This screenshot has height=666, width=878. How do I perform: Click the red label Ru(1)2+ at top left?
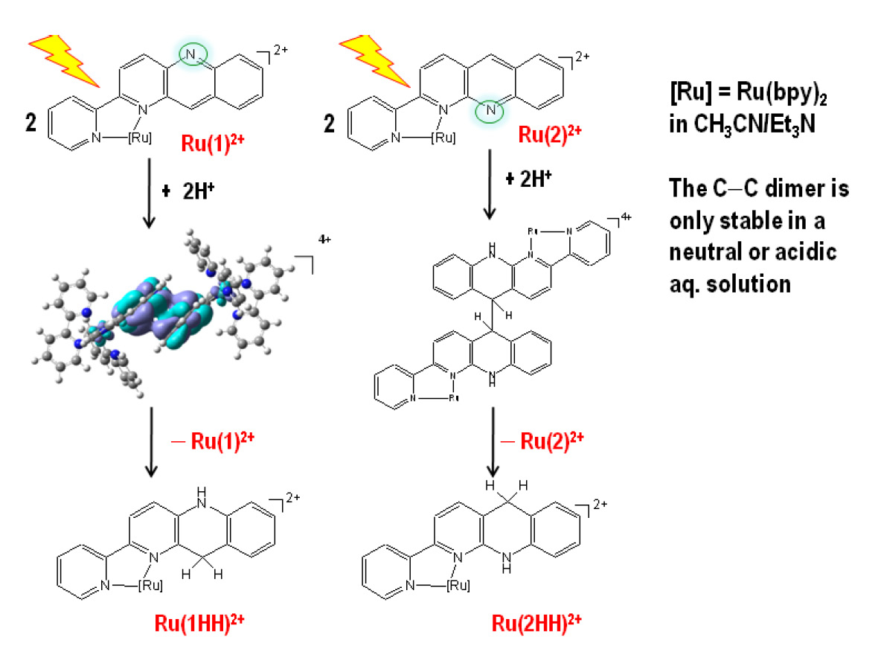click(213, 144)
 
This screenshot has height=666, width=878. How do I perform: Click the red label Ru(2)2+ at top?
click(550, 135)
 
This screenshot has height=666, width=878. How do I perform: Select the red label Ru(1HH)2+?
click(199, 623)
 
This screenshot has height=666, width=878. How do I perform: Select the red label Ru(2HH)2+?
click(536, 623)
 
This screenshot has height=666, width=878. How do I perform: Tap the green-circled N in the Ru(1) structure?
click(191, 54)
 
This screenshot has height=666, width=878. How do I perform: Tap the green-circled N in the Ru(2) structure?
click(490, 110)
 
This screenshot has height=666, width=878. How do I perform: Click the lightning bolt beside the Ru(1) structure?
click(64, 60)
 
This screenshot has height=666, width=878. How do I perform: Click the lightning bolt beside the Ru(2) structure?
click(374, 60)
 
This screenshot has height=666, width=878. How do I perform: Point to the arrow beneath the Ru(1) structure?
click(149, 193)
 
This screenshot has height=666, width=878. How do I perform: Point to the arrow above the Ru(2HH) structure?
click(493, 442)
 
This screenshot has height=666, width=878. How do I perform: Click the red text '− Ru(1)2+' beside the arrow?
click(213, 441)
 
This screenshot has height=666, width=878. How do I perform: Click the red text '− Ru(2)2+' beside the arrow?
click(542, 441)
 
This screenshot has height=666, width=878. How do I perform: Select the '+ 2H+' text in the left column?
click(188, 191)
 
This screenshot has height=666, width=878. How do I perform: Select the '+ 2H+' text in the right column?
click(528, 179)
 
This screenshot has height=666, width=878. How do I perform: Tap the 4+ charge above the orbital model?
click(324, 239)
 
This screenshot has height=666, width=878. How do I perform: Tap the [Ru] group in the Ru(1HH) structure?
click(150, 586)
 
